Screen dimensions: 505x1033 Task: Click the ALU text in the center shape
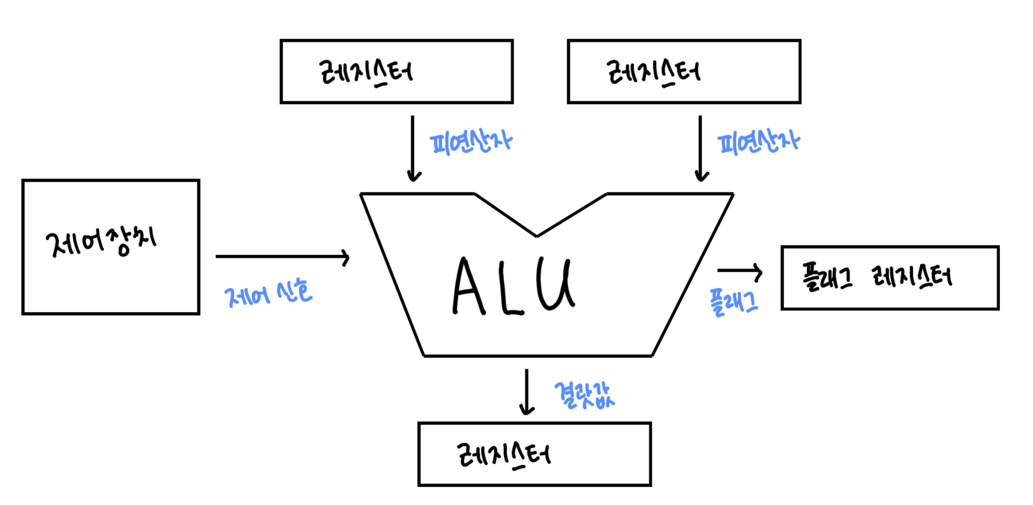click(x=514, y=285)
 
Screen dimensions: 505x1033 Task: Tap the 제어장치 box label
click(x=101, y=242)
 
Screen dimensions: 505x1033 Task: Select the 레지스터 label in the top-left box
click(x=366, y=72)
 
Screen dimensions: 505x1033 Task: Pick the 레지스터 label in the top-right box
click(x=653, y=72)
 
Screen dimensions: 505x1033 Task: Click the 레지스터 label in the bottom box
click(x=504, y=455)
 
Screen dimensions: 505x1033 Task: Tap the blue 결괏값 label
click(x=584, y=396)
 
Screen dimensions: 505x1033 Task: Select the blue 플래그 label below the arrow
click(x=733, y=302)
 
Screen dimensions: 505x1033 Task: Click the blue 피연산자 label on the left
click(x=471, y=143)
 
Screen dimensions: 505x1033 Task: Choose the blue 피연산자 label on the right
click(x=759, y=143)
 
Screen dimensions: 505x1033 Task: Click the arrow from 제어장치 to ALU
click(x=283, y=257)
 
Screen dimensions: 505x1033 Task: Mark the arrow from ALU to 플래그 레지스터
click(x=740, y=271)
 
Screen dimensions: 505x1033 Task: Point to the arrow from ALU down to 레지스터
click(x=527, y=392)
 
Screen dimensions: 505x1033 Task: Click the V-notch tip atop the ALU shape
click(x=537, y=235)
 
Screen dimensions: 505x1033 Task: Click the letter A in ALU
click(x=468, y=287)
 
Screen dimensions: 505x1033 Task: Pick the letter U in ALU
click(x=555, y=284)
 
